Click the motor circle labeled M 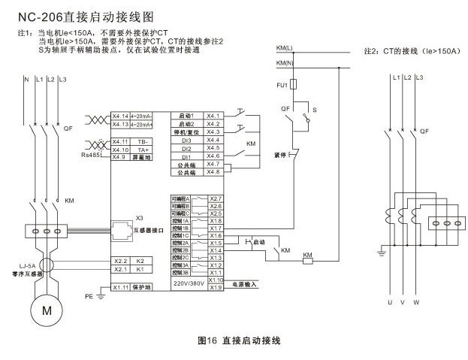click(47, 308)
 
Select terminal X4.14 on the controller click(120, 116)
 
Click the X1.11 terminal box click(120, 287)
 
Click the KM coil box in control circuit click(307, 256)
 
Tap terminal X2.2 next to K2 click(120, 260)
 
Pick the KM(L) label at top click(285, 48)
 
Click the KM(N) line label click(285, 62)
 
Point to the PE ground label click(89, 296)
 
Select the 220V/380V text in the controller click(189, 284)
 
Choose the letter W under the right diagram click(415, 302)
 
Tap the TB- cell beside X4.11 click(143, 141)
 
